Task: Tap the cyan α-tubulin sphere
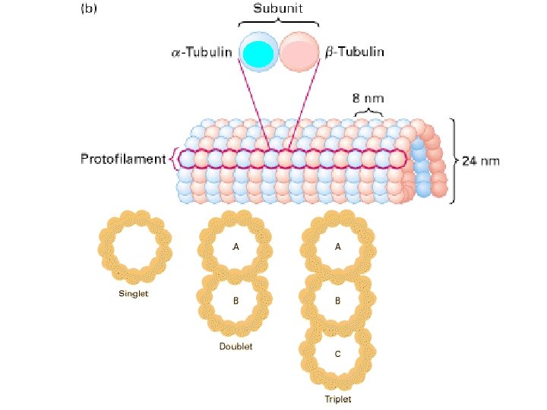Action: [x=259, y=52]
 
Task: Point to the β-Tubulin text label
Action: [x=355, y=52]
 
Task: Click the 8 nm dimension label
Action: [x=368, y=98]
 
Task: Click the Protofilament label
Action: [x=123, y=159]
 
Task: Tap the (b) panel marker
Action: [x=89, y=10]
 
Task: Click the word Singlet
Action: [x=134, y=294]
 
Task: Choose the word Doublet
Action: [x=236, y=346]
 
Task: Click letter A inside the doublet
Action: [x=236, y=247]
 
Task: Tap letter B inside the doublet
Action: [x=236, y=300]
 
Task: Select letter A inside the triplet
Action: [x=338, y=247]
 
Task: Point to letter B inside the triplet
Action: [x=338, y=300]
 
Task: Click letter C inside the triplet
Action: [x=338, y=353]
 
